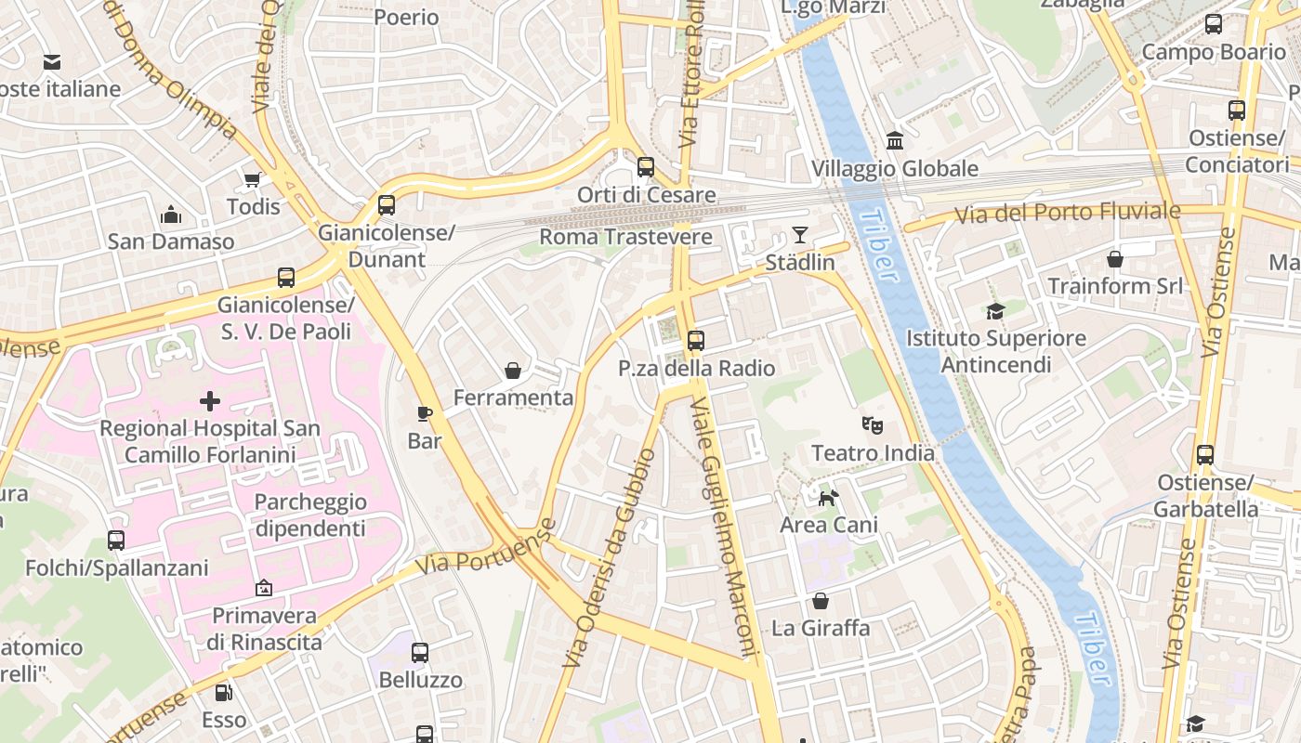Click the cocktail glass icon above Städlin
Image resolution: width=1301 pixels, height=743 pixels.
(799, 234)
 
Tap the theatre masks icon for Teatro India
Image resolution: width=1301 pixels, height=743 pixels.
(872, 425)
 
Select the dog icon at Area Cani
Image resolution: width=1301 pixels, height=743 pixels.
(828, 498)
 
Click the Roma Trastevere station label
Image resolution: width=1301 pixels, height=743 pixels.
(625, 237)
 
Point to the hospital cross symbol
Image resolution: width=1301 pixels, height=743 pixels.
(210, 401)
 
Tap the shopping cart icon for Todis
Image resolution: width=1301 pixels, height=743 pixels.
(252, 179)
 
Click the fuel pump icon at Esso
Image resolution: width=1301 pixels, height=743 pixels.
(224, 693)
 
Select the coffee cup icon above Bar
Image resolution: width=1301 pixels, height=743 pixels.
(424, 413)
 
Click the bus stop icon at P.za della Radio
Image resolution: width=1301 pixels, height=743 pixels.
(696, 341)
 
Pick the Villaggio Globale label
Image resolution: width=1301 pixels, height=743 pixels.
(894, 168)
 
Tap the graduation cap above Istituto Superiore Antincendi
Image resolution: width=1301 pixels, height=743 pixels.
(995, 311)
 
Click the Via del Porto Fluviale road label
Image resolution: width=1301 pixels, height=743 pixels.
(1068, 213)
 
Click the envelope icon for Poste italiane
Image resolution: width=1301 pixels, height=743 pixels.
(52, 62)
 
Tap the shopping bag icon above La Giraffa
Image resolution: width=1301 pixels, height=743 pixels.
(820, 601)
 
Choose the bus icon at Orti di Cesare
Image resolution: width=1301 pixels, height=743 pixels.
(645, 167)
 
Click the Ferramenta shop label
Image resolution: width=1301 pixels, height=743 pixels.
(513, 398)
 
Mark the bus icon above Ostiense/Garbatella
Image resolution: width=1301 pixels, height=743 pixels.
(1205, 455)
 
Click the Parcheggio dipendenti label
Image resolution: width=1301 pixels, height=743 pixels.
(310, 515)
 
